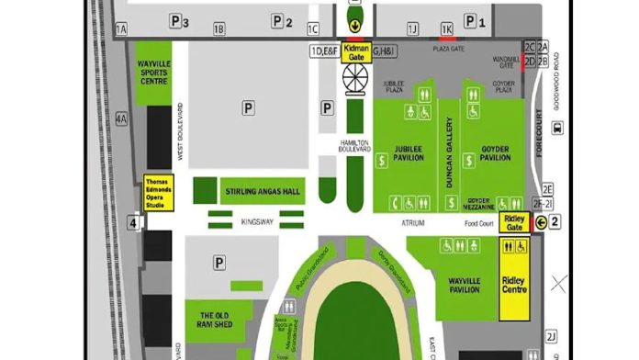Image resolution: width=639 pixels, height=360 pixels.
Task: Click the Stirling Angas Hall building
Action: (262, 191)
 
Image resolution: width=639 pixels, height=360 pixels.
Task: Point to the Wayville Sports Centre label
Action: (154, 73)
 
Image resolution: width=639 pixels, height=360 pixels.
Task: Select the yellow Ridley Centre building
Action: (514, 285)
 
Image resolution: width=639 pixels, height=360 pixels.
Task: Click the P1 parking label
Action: (473, 20)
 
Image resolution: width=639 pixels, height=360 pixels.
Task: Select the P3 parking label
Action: (179, 21)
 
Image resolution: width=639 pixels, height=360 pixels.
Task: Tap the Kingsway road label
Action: (258, 221)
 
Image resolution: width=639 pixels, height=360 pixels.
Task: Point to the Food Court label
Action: (478, 221)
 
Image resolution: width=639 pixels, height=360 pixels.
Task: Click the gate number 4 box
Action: (133, 221)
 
